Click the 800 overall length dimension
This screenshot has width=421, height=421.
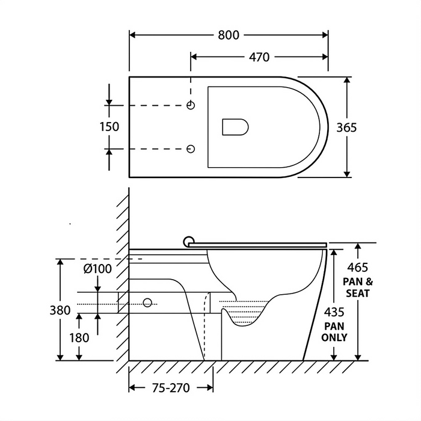point(228,35)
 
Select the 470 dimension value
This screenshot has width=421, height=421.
point(259,57)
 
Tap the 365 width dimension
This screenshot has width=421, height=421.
point(346,128)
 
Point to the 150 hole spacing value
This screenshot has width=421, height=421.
point(109,127)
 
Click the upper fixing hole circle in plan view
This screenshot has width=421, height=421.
point(191,105)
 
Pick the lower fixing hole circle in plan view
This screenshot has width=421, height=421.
point(191,149)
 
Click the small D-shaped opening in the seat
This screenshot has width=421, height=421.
point(235,127)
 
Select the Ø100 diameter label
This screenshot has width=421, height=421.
point(97,269)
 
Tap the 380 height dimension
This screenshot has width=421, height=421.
point(60,310)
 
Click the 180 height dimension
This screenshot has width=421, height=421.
point(79,338)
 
